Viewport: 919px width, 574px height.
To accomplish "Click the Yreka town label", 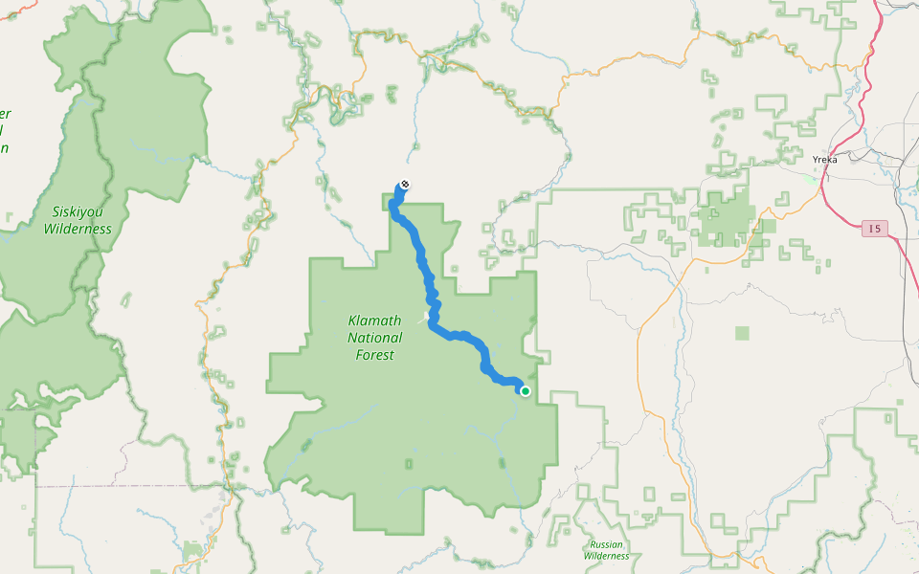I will pos(823,160).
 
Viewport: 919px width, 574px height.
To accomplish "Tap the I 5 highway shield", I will pos(874,229).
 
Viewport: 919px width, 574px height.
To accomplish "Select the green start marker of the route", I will pos(525,390).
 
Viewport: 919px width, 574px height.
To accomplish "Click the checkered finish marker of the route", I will pos(405,184).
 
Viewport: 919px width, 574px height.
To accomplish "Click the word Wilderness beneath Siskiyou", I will pos(78,230).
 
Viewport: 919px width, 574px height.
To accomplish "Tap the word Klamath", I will pos(375,321).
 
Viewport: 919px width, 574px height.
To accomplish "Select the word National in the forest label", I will pos(375,338).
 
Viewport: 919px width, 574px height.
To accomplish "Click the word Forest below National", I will pos(374,355).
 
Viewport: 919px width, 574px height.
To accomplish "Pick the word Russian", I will pos(606,544).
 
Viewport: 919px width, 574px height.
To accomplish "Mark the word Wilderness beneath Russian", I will pos(606,556).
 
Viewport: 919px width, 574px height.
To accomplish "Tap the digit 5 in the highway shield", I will pos(878,229).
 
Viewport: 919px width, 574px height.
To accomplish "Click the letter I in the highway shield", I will pos(869,229).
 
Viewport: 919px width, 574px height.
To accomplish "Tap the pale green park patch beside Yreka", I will pos(813,178).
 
